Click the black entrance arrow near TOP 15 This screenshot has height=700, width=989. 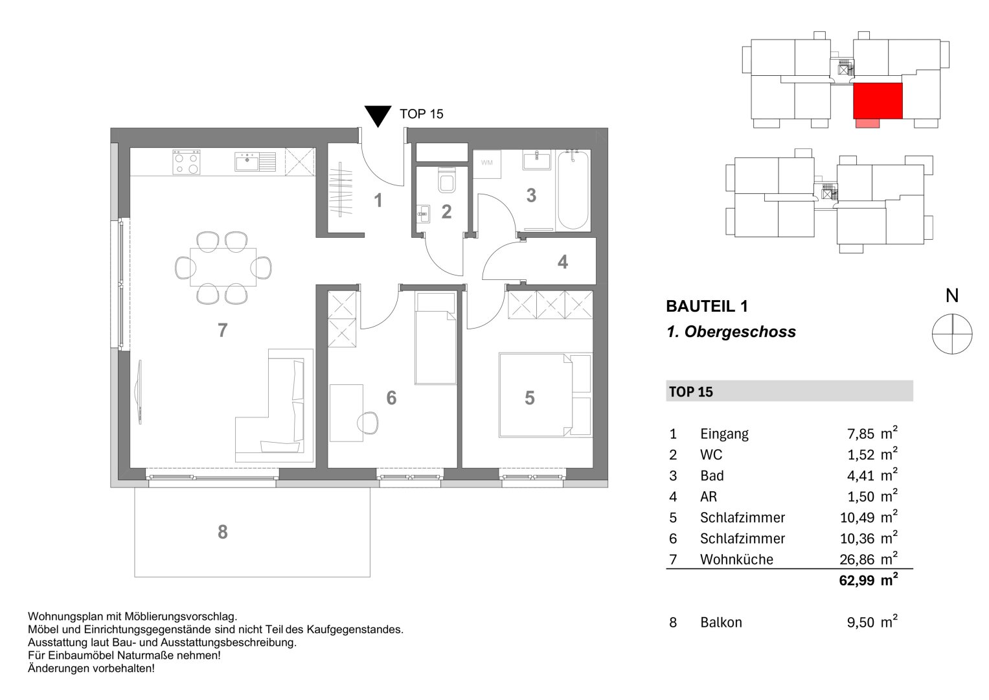pyautogui.click(x=377, y=115)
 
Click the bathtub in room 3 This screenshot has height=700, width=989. pyautogui.click(x=573, y=191)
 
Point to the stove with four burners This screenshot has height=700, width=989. pyautogui.click(x=187, y=162)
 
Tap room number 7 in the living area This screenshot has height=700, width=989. pyautogui.click(x=222, y=331)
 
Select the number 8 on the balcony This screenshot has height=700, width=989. pyautogui.click(x=222, y=532)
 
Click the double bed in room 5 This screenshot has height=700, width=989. pyautogui.click(x=544, y=394)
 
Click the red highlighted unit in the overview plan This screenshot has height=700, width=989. pyautogui.click(x=878, y=101)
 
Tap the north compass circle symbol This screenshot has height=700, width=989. pyautogui.click(x=951, y=334)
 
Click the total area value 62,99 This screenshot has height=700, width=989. pyautogui.click(x=857, y=581)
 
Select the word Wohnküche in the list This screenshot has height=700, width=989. pyautogui.click(x=736, y=559)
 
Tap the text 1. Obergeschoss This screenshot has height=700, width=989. pyautogui.click(x=731, y=332)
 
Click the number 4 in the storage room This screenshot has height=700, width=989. pyautogui.click(x=562, y=262)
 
